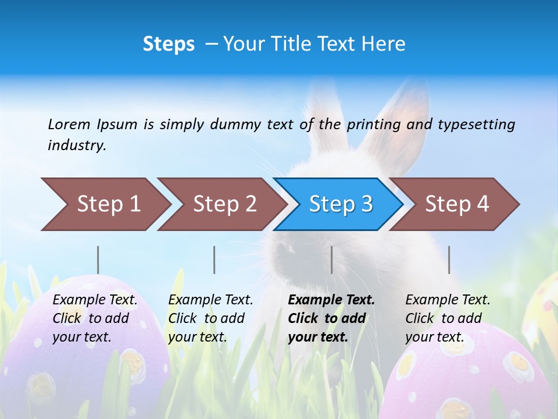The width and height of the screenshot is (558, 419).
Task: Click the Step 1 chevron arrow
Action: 105,204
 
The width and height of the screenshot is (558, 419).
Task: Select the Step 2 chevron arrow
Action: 221,204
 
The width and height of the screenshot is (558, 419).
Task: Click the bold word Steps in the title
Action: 169,44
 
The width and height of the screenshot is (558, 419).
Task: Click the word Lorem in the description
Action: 69,124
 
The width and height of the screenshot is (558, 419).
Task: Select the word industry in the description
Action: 77,145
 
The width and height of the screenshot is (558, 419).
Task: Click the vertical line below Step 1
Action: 98,260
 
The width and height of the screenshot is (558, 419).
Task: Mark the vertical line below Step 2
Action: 214,260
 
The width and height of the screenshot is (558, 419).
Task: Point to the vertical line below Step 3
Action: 331,260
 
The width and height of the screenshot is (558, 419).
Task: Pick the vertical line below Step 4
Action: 449,260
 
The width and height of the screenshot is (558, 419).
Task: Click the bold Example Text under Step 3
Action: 331,300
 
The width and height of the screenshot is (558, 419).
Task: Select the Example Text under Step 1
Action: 95,300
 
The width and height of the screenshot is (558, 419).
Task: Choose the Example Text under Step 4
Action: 448,300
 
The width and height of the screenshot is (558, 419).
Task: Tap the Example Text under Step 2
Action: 210,300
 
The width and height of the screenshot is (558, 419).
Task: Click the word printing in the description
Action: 374,125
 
